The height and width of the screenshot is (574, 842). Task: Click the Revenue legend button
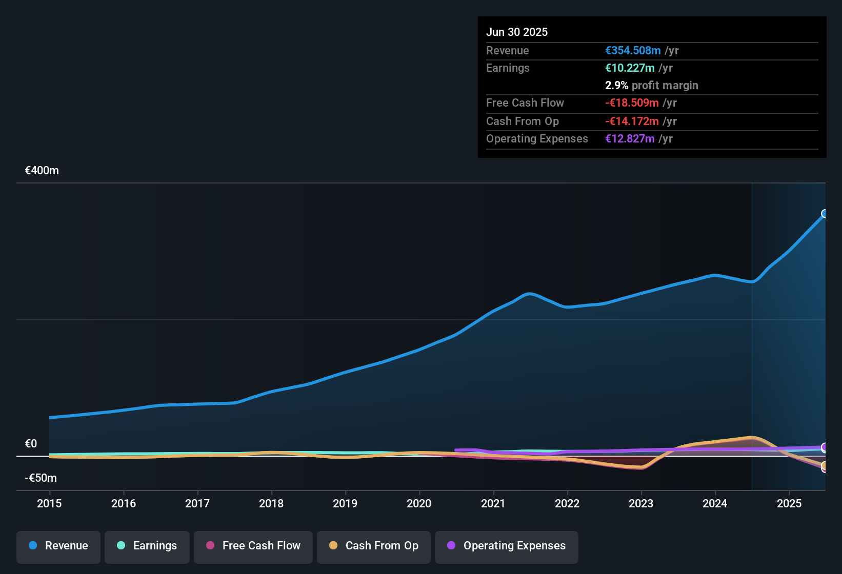[58, 546]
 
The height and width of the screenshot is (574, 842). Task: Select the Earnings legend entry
[147, 546]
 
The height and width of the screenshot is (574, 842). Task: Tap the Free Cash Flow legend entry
[253, 546]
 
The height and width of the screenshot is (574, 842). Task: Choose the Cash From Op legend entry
[374, 546]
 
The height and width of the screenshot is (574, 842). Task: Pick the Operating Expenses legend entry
[507, 546]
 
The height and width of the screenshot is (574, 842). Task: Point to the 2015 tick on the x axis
[49, 503]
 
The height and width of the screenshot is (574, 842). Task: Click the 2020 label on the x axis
[419, 503]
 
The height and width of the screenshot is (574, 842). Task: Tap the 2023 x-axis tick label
[641, 503]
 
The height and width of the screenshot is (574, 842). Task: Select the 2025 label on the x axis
[789, 503]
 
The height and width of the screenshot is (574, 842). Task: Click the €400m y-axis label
[42, 171]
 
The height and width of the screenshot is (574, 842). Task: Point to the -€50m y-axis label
[41, 478]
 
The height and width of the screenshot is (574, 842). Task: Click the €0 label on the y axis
[31, 444]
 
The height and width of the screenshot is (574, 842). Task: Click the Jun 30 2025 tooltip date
[517, 32]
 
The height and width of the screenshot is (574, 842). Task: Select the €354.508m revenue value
[633, 51]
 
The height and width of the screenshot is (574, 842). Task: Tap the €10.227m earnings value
[630, 68]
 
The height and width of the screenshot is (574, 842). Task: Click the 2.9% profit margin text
[651, 86]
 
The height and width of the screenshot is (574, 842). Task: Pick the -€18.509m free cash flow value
[632, 103]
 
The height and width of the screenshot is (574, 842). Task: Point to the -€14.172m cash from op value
[632, 121]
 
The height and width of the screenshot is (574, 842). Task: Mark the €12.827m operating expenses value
[630, 139]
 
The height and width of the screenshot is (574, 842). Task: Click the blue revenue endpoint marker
[825, 214]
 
